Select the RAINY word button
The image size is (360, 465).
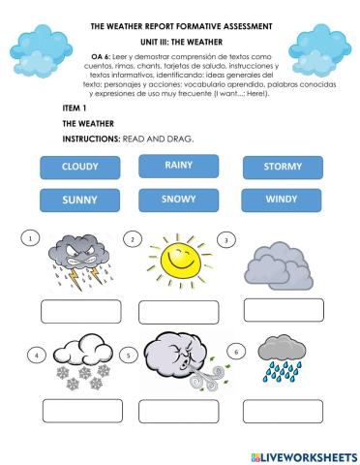tap(179, 166)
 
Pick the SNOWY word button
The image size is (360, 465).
tap(179, 200)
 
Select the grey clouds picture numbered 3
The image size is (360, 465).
tap(279, 266)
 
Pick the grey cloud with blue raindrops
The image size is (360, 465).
tap(282, 358)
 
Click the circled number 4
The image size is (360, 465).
tap(36, 355)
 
